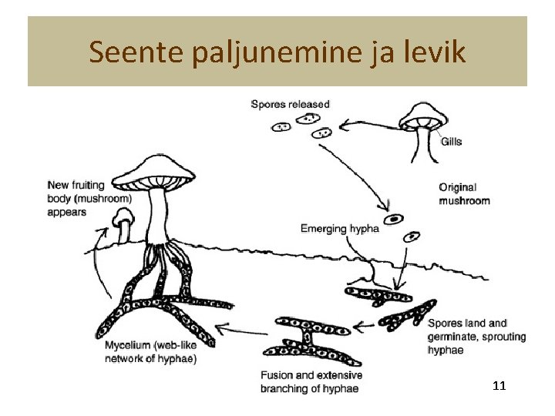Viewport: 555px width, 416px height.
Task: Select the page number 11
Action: pyautogui.click(x=498, y=385)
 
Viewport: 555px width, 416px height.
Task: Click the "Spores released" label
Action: pyautogui.click(x=290, y=104)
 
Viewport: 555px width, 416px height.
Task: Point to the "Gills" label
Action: pyautogui.click(x=452, y=142)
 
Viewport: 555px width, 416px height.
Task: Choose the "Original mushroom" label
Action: pyautogui.click(x=464, y=194)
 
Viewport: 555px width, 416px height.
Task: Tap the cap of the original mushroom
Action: pyautogui.click(x=422, y=115)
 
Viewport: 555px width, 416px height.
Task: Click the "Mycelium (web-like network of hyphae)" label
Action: pyautogui.click(x=151, y=352)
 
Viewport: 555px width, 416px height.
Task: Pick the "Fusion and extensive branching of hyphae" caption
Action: pyautogui.click(x=311, y=382)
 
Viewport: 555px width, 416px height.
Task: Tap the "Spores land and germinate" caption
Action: pyautogui.click(x=476, y=337)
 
